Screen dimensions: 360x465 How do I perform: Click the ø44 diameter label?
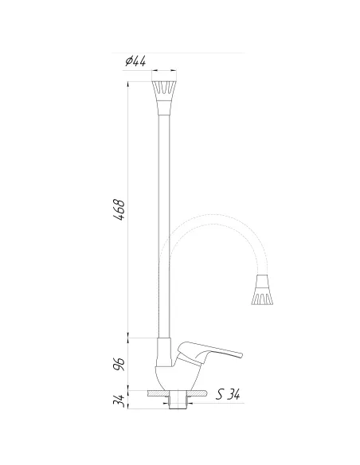135,61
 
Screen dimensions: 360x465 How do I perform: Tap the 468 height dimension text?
119,209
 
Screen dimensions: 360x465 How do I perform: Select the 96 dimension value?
119,364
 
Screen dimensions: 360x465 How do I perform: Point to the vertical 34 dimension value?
119,401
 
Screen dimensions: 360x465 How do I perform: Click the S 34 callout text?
228,394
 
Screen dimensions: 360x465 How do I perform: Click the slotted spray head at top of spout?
164,91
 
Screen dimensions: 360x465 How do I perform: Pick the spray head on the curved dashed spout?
262,290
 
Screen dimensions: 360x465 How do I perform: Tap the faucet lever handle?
209,352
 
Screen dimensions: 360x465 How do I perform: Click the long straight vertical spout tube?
164,226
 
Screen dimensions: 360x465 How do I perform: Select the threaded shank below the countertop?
178,400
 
